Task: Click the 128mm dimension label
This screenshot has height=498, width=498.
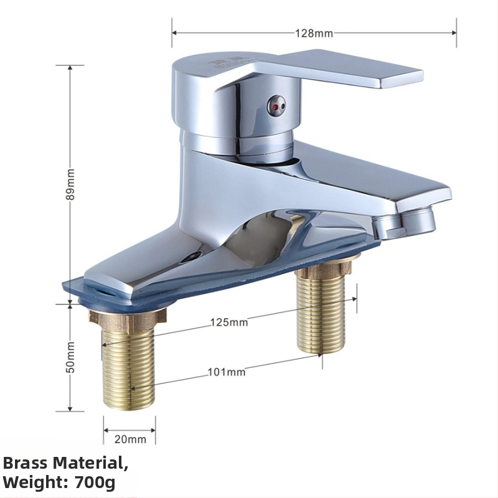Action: click(314, 33)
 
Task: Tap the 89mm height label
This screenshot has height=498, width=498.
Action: click(70, 184)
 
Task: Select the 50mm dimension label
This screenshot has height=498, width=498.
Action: click(70, 357)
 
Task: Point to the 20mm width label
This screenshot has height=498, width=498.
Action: click(130, 439)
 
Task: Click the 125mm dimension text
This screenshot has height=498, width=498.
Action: click(229, 322)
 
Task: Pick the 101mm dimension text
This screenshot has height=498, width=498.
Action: click(227, 372)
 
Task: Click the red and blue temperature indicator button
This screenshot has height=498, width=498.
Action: click(276, 106)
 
